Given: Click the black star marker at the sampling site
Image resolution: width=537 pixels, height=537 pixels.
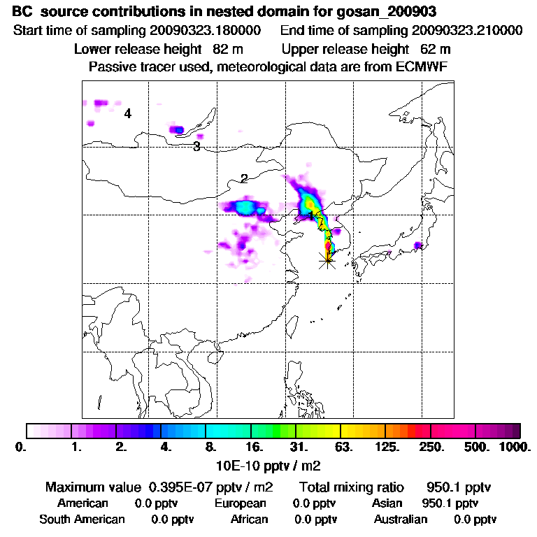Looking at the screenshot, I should click(327, 260).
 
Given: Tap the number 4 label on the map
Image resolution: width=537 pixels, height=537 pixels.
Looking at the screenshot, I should click(128, 113).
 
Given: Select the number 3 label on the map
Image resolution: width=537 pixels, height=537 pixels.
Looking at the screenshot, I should click(197, 146).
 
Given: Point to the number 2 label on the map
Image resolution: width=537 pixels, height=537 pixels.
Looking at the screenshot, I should click(244, 178).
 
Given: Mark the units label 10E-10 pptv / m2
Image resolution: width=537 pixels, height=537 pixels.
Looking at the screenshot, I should click(268, 464).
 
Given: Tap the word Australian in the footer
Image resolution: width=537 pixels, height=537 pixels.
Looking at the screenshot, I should click(400, 519).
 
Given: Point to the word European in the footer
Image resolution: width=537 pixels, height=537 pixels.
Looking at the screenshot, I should click(240, 503).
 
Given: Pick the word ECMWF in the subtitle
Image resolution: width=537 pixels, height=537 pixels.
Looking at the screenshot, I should click(423, 66).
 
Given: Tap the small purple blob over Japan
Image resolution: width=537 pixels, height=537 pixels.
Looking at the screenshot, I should click(417, 245).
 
